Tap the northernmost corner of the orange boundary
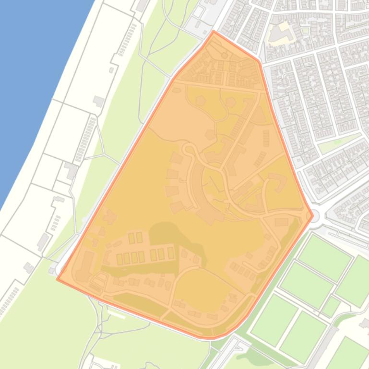tap(214, 31)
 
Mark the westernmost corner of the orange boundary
tap(57, 278)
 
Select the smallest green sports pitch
tap(331, 306)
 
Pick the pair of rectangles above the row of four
tap(135, 238)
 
